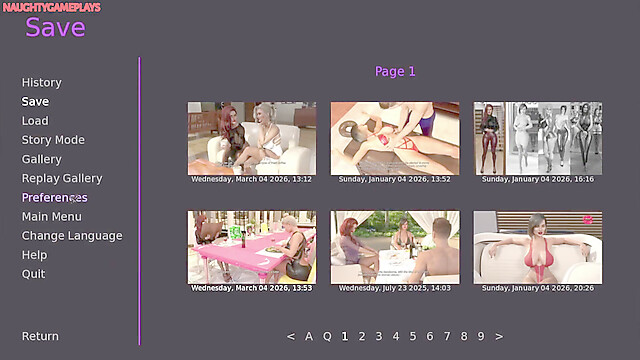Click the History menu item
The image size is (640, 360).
pyautogui.click(x=42, y=82)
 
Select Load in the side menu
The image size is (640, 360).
pyautogui.click(x=35, y=121)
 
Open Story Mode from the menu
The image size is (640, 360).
pyautogui.click(x=53, y=140)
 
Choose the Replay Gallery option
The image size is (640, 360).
pyautogui.click(x=62, y=178)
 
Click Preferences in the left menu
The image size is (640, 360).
pyautogui.click(x=54, y=198)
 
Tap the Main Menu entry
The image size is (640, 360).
pyautogui.click(x=51, y=217)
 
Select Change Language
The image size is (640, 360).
pyautogui.click(x=72, y=236)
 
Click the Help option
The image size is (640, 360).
pyautogui.click(x=34, y=255)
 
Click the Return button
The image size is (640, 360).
pyautogui.click(x=40, y=336)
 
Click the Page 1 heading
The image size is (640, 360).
pyautogui.click(x=395, y=71)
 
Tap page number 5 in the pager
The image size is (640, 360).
pyautogui.click(x=413, y=336)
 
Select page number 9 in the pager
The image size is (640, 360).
pyautogui.click(x=481, y=336)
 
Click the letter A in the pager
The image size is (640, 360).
pyautogui.click(x=309, y=336)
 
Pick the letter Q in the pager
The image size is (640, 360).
pyautogui.click(x=327, y=337)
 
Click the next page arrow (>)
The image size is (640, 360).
pyautogui.click(x=499, y=337)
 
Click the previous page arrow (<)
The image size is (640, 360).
pyautogui.click(x=291, y=337)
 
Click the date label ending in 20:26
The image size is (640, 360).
pyautogui.click(x=538, y=288)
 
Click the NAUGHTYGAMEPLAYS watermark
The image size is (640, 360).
pyautogui.click(x=51, y=7)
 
